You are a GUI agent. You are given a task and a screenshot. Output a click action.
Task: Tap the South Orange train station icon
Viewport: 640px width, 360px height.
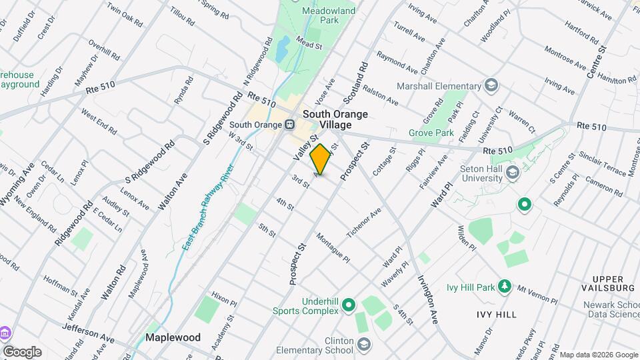[289, 125]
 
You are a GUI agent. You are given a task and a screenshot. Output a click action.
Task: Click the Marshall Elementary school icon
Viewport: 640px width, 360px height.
[491, 85]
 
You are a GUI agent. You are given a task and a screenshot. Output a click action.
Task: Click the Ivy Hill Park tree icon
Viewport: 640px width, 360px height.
[505, 287]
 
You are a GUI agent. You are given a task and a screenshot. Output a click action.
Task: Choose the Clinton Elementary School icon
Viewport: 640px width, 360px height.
[363, 344]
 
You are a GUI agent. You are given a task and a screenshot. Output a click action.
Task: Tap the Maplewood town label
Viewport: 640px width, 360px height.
[173, 337]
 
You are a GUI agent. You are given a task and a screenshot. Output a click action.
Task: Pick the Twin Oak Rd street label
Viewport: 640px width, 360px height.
[125, 17]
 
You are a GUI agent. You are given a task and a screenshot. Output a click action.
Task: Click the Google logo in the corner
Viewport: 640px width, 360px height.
[22, 351]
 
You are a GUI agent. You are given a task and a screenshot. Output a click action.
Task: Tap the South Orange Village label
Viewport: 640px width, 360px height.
[335, 119]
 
